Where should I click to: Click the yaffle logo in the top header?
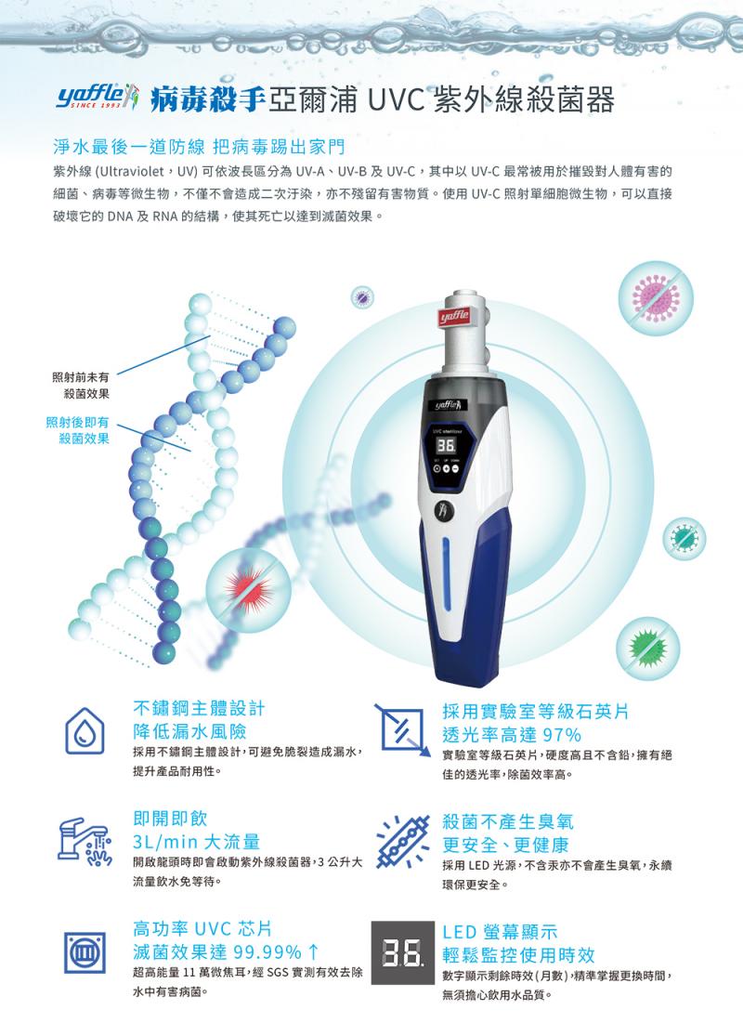click(x=98, y=99)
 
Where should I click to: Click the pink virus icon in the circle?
click(x=655, y=298)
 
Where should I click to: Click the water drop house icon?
click(x=85, y=730)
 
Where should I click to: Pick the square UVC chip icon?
click(x=85, y=952)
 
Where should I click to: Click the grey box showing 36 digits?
click(x=403, y=952)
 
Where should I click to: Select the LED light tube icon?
click(x=403, y=841)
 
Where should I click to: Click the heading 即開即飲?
click(x=170, y=819)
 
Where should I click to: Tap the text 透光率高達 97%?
click(x=512, y=735)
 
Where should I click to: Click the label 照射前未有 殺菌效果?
click(x=81, y=386)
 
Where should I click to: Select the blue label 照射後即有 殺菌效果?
click(x=78, y=430)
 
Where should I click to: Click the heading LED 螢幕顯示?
click(x=500, y=932)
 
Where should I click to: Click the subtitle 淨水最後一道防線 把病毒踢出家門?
click(x=199, y=146)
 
